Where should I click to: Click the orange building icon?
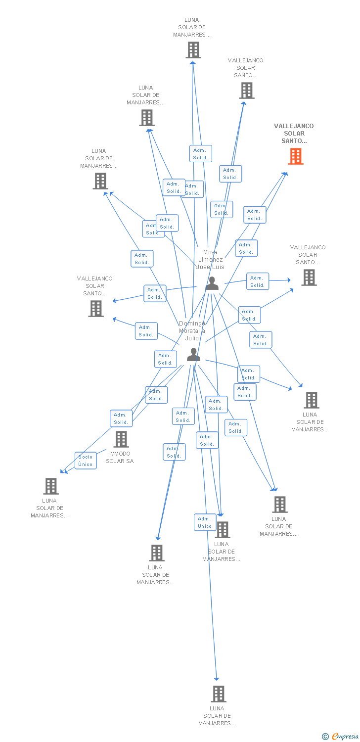tap(296, 156)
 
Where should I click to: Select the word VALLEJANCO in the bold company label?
tap(294, 126)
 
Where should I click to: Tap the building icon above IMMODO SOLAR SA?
tap(121, 439)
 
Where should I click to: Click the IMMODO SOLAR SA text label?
tap(120, 458)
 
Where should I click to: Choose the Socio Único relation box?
tap(86, 461)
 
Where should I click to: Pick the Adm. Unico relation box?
tap(205, 522)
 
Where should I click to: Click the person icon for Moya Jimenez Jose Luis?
tap(212, 283)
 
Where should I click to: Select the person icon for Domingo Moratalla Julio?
tap(193, 355)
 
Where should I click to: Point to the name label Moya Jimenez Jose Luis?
tap(210, 260)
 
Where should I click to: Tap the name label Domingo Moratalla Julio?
tap(192, 331)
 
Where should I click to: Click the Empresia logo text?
tap(345, 737)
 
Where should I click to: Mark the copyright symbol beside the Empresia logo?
tap(325, 737)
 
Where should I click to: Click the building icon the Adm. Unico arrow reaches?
tap(218, 694)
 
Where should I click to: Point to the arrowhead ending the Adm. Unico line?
tap(217, 679)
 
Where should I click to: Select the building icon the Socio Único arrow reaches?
tap(51, 486)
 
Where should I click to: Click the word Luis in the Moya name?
tap(218, 267)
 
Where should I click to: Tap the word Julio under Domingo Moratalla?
tap(192, 338)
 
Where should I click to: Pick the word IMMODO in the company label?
tap(120, 454)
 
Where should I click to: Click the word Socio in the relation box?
tap(86, 457)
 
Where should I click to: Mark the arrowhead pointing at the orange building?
tap(285, 173)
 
